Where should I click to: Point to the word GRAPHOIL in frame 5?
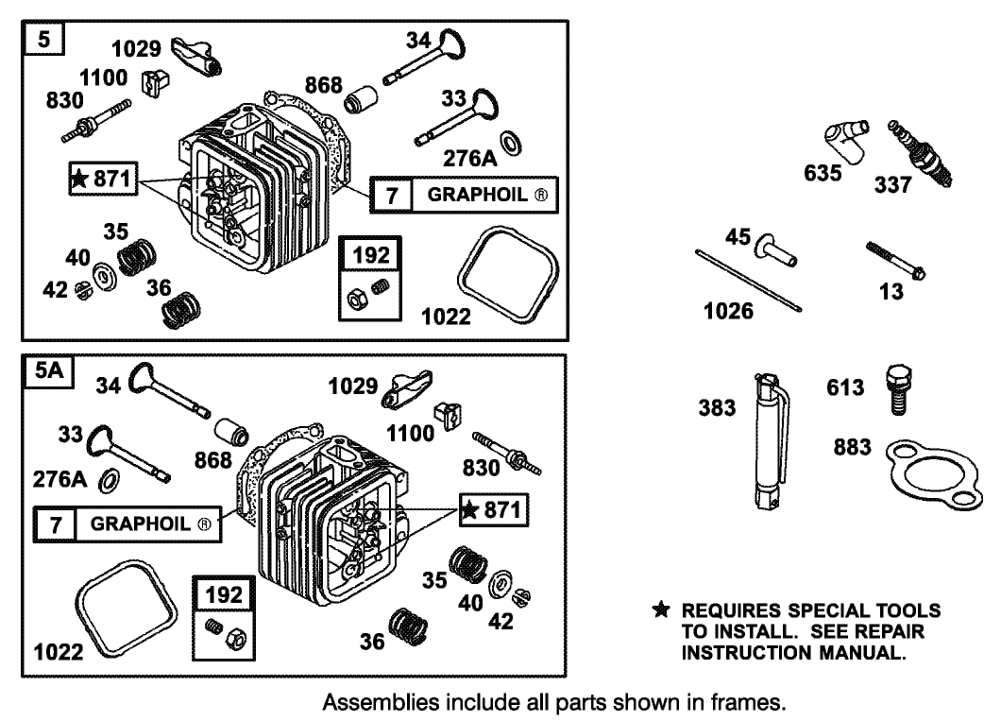pyautogui.click(x=480, y=196)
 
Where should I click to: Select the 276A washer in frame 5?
pyautogui.click(x=510, y=143)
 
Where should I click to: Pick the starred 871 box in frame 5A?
pyautogui.click(x=494, y=511)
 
